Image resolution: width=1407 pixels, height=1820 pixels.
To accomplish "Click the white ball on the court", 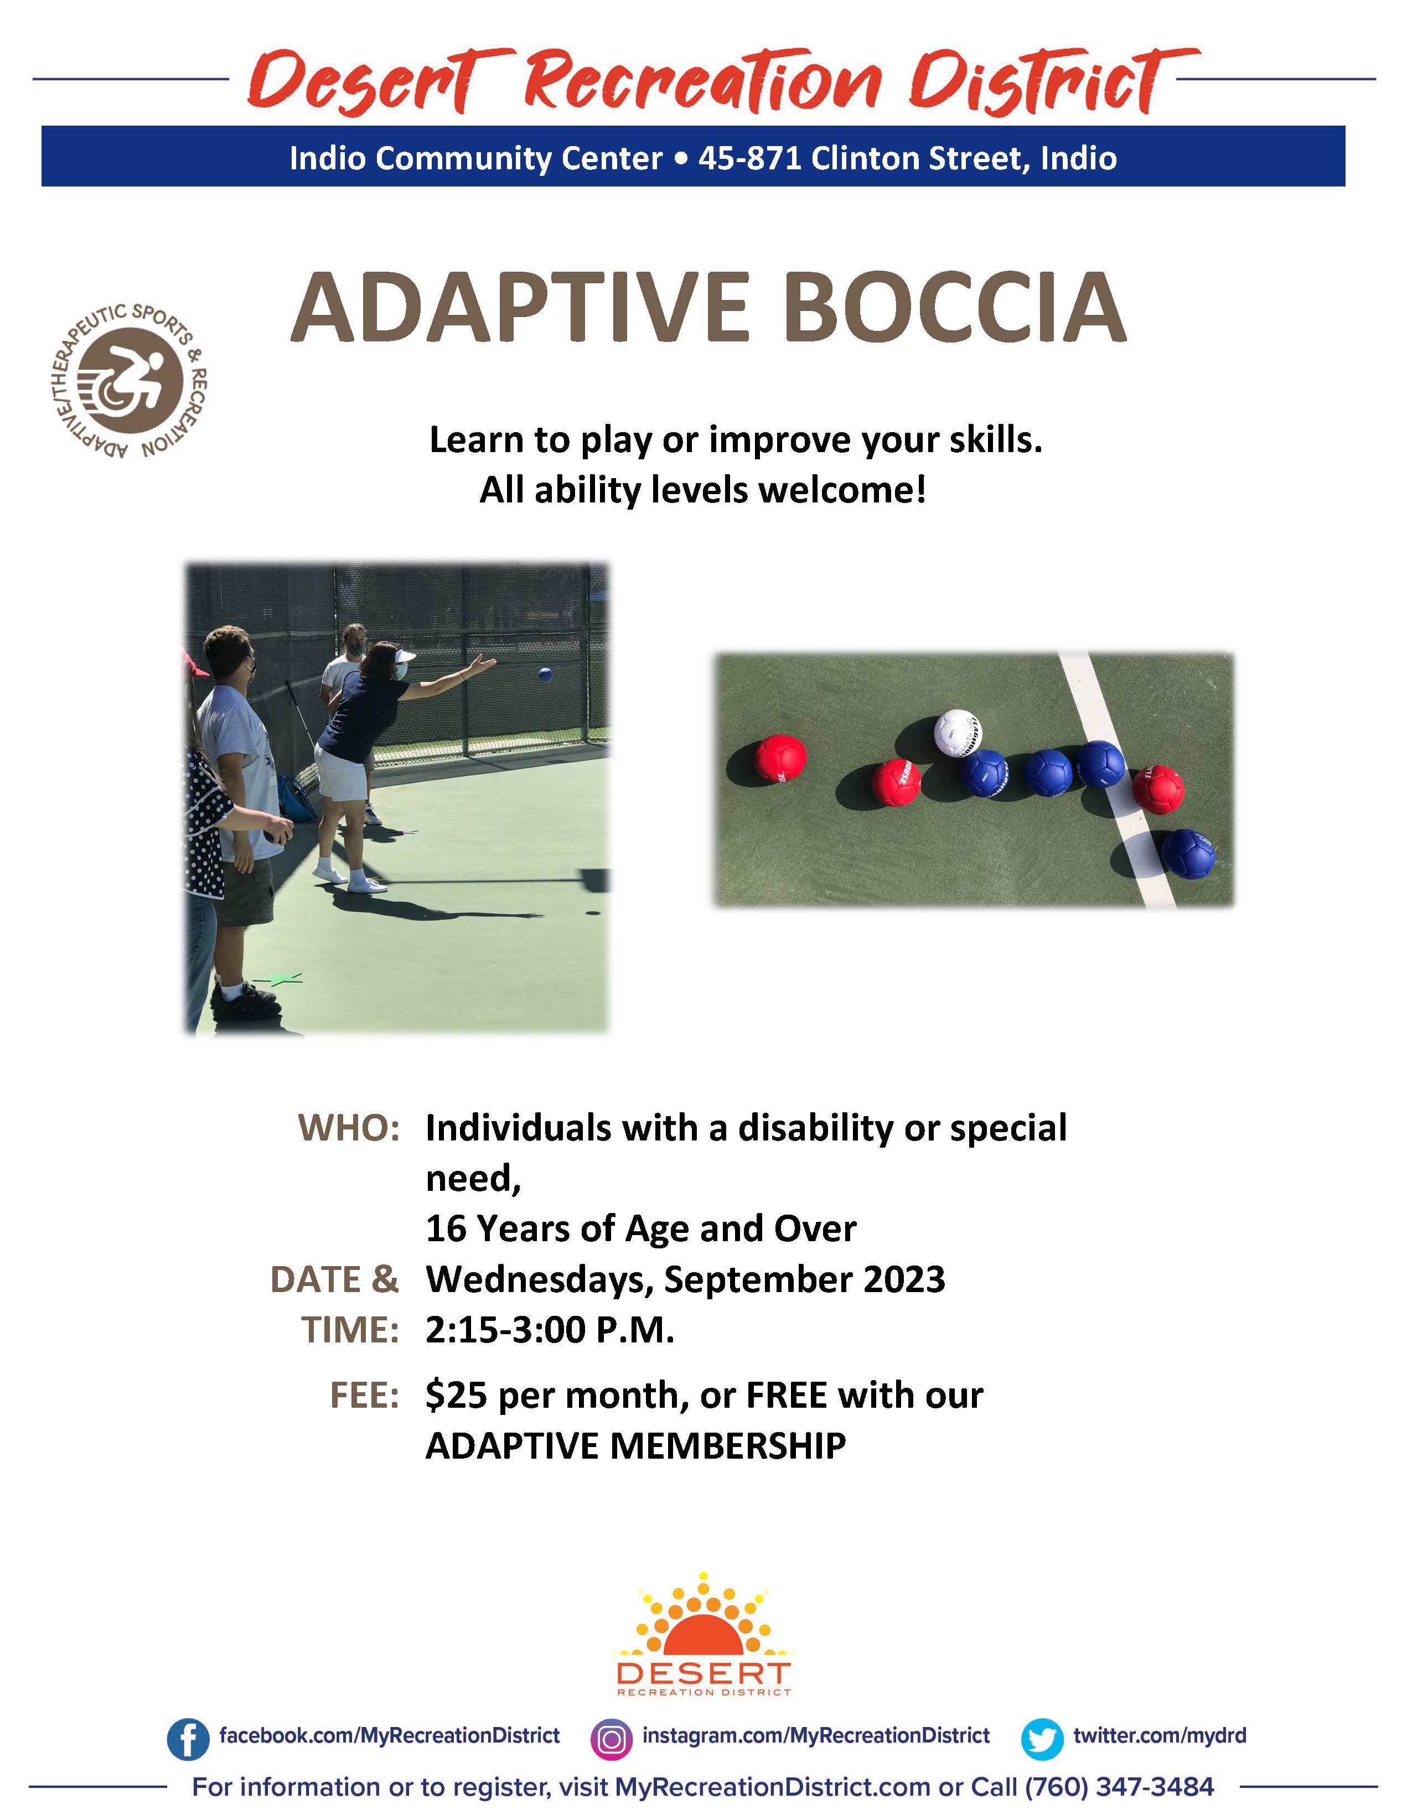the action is tap(958, 733).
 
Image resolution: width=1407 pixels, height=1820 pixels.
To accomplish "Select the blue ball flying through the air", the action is tap(545, 673).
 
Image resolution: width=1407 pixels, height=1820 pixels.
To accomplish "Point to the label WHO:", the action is tap(349, 1128).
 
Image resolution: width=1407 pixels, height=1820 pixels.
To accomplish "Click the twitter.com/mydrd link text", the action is tap(1160, 1736).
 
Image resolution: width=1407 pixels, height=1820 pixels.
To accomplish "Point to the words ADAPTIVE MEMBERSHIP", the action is tap(636, 1446).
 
